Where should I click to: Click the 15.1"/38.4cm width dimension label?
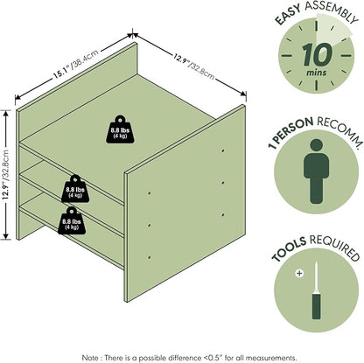[75, 64]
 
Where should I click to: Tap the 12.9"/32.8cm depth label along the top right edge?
[194, 66]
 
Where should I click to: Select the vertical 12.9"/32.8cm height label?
[5, 174]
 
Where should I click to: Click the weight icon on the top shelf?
[120, 129]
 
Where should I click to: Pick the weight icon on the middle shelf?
[75, 189]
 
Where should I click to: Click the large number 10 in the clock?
[317, 54]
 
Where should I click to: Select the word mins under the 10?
[317, 73]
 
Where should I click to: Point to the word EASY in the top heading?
[288, 15]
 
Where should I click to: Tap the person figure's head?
[317, 146]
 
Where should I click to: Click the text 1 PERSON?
[290, 132]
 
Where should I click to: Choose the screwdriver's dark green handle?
[317, 306]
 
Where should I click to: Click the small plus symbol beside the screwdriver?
[299, 274]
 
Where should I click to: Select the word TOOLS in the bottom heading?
[289, 249]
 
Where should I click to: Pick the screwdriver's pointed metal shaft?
[317, 277]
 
